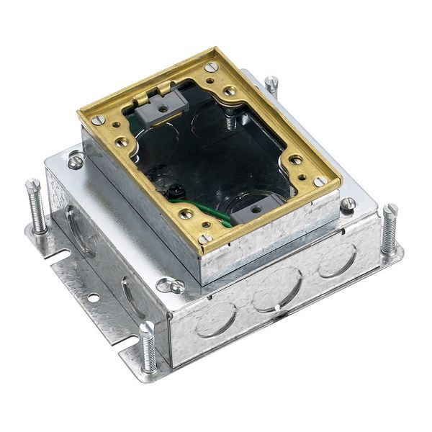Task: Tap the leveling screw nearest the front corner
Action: coord(148,346)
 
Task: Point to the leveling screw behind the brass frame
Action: coord(271,86)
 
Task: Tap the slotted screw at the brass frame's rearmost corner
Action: coord(210,67)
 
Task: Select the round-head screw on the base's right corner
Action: coord(348,204)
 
